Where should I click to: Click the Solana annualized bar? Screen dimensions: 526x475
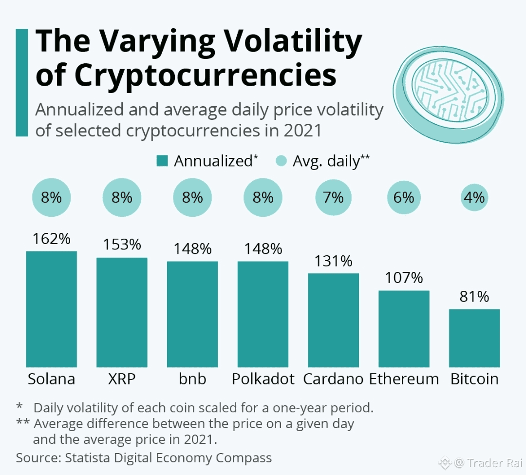(51, 309)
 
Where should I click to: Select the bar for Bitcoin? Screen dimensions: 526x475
(474, 338)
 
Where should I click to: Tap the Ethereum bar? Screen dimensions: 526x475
(404, 329)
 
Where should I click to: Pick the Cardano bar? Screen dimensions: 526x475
(334, 320)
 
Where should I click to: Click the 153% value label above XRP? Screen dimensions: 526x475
(122, 245)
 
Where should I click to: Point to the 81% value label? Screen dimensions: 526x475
(474, 297)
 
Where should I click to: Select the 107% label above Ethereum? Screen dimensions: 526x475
(404, 278)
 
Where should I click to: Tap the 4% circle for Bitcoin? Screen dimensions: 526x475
(474, 197)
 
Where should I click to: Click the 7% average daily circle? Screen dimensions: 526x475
(334, 197)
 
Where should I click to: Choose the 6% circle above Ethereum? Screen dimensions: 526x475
(404, 197)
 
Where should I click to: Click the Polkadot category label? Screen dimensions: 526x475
(263, 379)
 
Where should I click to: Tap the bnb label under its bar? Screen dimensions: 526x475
(192, 379)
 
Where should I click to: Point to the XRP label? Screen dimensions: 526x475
(122, 379)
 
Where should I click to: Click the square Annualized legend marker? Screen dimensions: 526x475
(162, 161)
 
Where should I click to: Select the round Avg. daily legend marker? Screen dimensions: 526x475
(281, 161)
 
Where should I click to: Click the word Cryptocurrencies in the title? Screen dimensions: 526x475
(205, 75)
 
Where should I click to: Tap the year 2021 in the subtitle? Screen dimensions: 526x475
(302, 131)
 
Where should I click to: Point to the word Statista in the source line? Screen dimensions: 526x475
(87, 458)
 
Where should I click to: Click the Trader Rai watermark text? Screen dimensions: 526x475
(495, 463)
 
